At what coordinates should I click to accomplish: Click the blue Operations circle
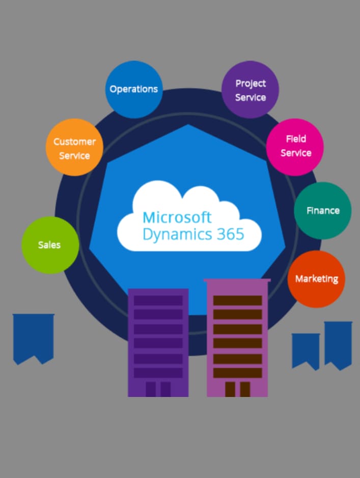134,89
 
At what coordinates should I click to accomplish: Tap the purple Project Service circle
250,90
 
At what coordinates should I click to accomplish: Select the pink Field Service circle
295,147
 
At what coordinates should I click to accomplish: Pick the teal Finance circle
322,210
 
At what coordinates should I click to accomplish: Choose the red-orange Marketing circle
316,279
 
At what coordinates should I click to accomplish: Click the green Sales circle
50,245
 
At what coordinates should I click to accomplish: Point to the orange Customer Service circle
74,148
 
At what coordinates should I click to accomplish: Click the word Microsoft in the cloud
177,217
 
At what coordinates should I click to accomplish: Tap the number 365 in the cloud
231,234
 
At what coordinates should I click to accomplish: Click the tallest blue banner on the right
338,344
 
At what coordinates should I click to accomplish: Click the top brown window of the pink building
237,301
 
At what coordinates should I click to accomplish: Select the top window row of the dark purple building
158,301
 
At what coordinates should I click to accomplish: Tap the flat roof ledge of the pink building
237,280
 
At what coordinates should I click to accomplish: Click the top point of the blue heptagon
188,125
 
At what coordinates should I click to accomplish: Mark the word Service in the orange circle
74,155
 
